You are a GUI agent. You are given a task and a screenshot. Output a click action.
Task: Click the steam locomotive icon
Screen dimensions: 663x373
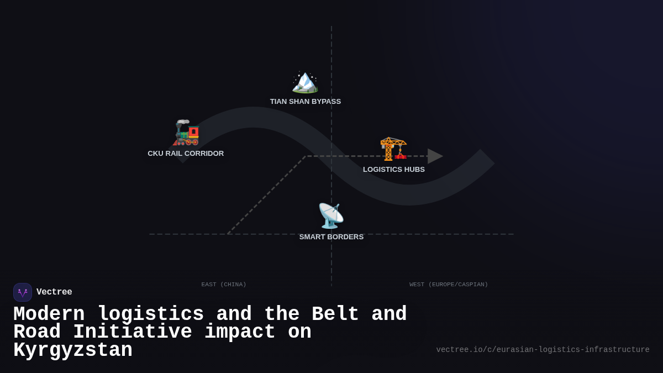pyautogui.click(x=186, y=133)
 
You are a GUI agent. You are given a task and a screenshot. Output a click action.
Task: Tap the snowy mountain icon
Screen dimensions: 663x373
pyautogui.click(x=305, y=82)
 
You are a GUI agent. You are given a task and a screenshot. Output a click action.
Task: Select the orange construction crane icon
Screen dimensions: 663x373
pyautogui.click(x=393, y=149)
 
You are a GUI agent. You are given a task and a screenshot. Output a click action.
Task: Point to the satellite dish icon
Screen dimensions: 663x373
pyautogui.click(x=331, y=216)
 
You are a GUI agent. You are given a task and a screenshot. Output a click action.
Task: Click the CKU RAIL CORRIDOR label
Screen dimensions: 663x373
pyautogui.click(x=186, y=154)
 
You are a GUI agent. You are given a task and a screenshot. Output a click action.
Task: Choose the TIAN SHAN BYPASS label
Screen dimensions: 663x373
pyautogui.click(x=305, y=102)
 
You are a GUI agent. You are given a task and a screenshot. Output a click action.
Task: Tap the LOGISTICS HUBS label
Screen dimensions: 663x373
pyautogui.click(x=393, y=169)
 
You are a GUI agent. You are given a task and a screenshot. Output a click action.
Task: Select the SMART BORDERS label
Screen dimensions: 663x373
pyautogui.click(x=331, y=237)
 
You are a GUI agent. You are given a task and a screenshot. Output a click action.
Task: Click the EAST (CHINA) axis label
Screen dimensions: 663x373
pyautogui.click(x=224, y=285)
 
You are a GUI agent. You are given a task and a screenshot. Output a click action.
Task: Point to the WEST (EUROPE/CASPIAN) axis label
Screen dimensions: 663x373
pyautogui.click(x=449, y=285)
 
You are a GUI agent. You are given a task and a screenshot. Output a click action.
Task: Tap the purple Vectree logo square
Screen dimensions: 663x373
pyautogui.click(x=23, y=292)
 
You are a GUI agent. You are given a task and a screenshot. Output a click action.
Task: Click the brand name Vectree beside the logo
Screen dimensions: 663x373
pyautogui.click(x=54, y=292)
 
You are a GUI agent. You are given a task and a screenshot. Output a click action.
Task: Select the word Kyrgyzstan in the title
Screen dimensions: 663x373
pyautogui.click(x=73, y=350)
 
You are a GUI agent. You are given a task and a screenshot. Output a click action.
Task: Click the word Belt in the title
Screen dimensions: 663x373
pyautogui.click(x=335, y=314)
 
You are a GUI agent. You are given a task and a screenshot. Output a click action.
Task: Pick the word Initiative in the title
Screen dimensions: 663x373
pyautogui.click(x=132, y=332)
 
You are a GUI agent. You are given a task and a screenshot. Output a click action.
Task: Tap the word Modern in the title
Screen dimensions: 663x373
pyautogui.click(x=49, y=314)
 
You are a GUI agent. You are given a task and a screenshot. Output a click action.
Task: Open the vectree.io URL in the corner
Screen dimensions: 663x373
pyautogui.click(x=543, y=350)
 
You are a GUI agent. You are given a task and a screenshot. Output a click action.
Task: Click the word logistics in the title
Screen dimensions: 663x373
pyautogui.click(x=151, y=314)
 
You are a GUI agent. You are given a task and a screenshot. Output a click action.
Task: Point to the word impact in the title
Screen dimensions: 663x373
pyautogui.click(x=240, y=332)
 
